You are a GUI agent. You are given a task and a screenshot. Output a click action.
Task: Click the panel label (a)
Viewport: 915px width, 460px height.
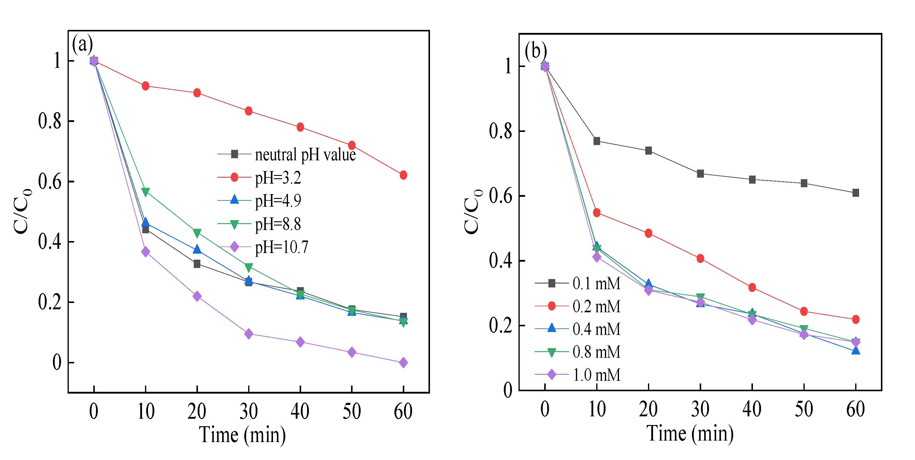click(x=83, y=44)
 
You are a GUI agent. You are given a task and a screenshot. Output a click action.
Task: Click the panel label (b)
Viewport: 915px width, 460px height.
click(x=536, y=51)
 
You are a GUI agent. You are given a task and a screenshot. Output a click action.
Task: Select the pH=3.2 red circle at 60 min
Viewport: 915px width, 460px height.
click(x=403, y=175)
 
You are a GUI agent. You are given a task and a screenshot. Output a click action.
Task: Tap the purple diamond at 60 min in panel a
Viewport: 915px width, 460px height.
click(x=403, y=363)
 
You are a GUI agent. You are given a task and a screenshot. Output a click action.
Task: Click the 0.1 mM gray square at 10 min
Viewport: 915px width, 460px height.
click(x=597, y=141)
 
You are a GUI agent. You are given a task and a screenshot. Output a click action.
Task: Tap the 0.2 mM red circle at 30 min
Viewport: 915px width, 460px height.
click(x=700, y=258)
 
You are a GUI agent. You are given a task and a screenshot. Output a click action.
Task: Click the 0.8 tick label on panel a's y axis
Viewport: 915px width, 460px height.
click(x=49, y=121)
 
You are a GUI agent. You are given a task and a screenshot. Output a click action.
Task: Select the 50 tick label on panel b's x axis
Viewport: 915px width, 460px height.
click(x=803, y=409)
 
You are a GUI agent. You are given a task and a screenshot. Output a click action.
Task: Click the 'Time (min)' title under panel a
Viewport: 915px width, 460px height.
click(x=242, y=435)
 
